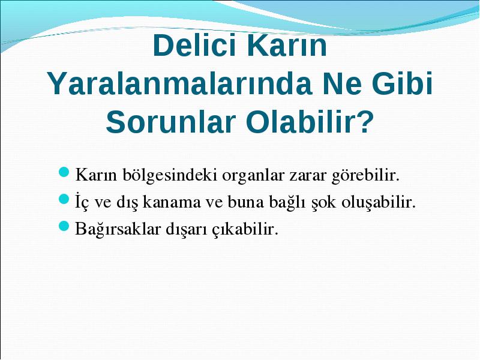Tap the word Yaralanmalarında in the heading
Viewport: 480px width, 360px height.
pyautogui.click(x=179, y=83)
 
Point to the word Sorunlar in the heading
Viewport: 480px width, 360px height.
pyautogui.click(x=170, y=122)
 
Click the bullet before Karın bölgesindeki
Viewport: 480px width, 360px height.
pyautogui.click(x=64, y=173)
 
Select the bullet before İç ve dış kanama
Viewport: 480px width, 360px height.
pyautogui.click(x=64, y=199)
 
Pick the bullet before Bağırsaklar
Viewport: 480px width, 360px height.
pyautogui.click(x=64, y=226)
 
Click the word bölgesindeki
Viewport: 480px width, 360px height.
pyautogui.click(x=170, y=175)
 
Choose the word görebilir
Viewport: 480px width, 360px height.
pyautogui.click(x=365, y=175)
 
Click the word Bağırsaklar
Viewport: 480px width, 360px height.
pyautogui.click(x=118, y=229)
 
